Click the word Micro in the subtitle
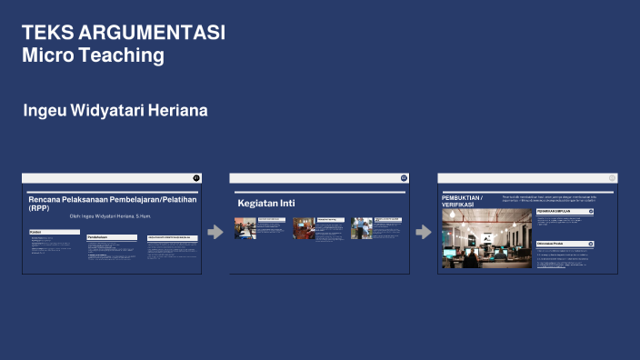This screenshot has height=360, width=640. [x=46, y=55]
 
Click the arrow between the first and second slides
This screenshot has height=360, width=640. [x=215, y=232]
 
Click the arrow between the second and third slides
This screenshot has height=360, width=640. [x=423, y=232]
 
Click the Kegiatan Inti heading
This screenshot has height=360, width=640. [x=266, y=203]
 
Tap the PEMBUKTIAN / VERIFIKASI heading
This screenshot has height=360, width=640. [x=463, y=201]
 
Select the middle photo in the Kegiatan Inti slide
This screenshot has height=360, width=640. [x=304, y=227]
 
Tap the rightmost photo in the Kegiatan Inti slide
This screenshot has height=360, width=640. [x=362, y=227]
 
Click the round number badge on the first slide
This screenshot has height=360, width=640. [x=196, y=178]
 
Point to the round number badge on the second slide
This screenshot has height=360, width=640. [x=404, y=178]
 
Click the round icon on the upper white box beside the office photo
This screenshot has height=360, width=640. [x=591, y=211]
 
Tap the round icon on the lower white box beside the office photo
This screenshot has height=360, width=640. [x=591, y=244]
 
